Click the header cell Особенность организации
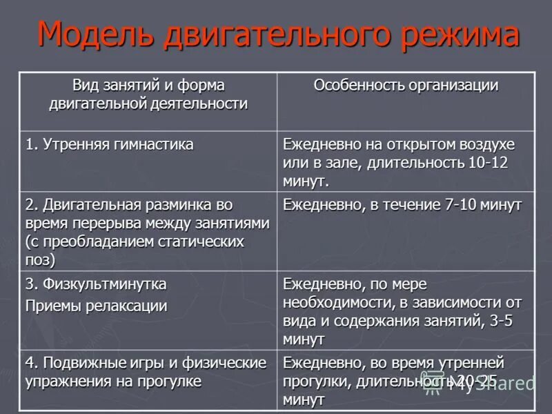point(406,86)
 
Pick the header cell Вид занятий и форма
point(149,86)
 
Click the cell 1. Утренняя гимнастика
point(110,145)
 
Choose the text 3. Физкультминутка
point(96,284)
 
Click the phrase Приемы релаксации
point(96,304)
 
